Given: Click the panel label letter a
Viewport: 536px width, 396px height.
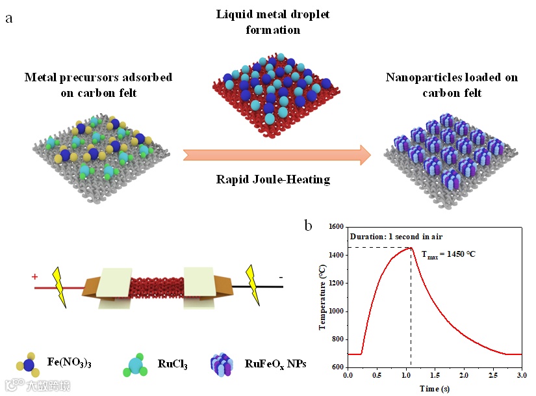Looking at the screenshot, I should [9, 18].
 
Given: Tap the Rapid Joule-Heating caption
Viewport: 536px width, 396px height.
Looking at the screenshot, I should [273, 179].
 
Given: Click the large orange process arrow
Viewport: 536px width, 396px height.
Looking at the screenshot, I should [277, 155].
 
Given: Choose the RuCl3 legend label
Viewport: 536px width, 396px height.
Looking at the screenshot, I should [172, 364].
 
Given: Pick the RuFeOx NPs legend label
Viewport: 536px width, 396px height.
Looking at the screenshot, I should [275, 364].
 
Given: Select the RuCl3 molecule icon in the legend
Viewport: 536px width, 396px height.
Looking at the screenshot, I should [135, 364].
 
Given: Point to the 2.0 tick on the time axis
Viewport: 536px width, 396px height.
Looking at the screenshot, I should [463, 375].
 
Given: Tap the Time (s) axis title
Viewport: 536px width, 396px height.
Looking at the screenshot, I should [434, 388].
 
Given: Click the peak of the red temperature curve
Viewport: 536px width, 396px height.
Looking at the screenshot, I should [410, 247].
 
